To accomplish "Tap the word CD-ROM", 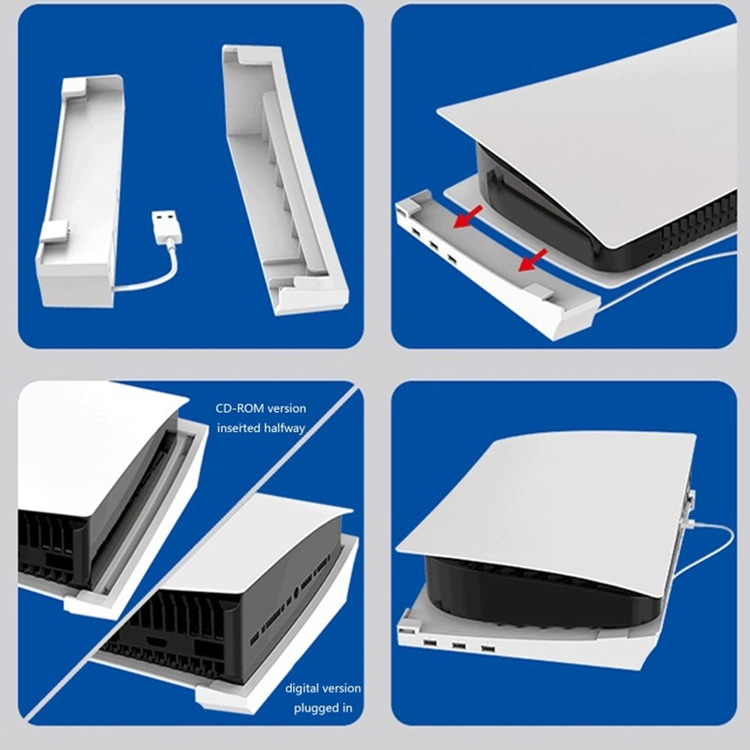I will pyautogui.click(x=238, y=409).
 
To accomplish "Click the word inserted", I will pyautogui.click(x=238, y=427).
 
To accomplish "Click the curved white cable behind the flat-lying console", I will pyautogui.click(x=716, y=547).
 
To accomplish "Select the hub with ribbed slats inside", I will pyautogui.click(x=285, y=180).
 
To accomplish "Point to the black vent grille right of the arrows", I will pyautogui.click(x=697, y=225).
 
